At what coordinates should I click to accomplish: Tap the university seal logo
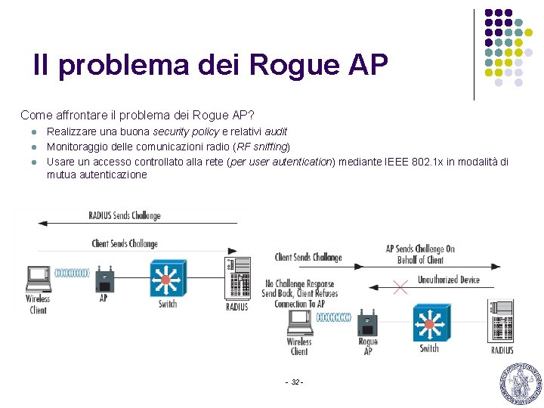(521, 383)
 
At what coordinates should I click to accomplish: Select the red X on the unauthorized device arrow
(400, 286)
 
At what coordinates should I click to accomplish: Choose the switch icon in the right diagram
(429, 323)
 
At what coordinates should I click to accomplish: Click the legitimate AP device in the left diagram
(104, 280)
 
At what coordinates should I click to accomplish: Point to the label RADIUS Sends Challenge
(125, 215)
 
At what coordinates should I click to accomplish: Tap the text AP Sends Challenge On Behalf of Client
(420, 255)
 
